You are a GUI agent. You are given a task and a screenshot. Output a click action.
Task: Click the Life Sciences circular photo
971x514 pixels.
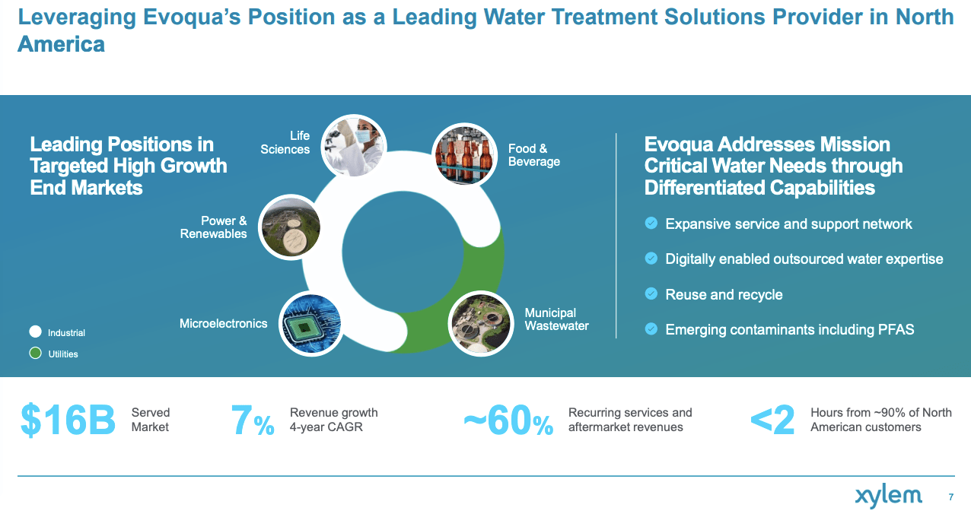click(353, 145)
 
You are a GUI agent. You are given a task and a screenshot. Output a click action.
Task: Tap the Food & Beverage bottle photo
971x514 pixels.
click(464, 155)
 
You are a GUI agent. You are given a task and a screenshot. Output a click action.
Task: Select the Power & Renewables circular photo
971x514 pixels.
click(291, 227)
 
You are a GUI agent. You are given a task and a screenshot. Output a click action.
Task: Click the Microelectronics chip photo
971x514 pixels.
click(310, 324)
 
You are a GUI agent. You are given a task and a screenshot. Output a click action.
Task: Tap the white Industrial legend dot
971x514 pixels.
click(35, 332)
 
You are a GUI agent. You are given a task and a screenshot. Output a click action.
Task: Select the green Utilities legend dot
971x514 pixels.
click(35, 354)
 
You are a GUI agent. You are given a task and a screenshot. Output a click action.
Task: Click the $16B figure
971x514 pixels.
click(68, 420)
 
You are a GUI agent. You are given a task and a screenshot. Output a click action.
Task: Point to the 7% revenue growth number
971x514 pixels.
click(252, 421)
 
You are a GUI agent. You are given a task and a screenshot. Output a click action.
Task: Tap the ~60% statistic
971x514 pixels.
click(508, 421)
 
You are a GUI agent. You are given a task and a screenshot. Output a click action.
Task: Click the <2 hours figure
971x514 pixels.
click(772, 420)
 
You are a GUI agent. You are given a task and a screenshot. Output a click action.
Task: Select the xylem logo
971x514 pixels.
click(888, 497)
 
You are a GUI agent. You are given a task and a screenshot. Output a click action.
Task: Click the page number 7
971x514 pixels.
click(950, 497)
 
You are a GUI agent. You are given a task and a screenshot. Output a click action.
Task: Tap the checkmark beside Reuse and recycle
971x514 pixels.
click(651, 293)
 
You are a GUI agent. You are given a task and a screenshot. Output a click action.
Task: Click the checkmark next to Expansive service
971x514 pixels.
click(651, 223)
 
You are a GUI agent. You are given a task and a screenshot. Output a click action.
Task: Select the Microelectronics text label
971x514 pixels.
click(223, 323)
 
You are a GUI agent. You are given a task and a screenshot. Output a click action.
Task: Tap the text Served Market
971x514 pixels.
click(151, 420)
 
